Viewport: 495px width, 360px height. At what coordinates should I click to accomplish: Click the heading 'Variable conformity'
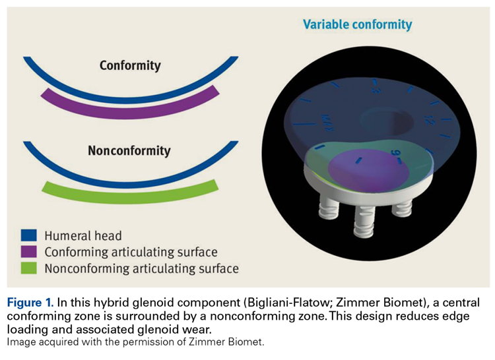(357, 25)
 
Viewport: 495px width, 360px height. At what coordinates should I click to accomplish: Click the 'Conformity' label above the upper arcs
(130, 66)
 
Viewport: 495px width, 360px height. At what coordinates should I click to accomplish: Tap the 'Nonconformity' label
(129, 151)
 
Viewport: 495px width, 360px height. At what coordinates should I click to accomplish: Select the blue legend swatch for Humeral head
(30, 235)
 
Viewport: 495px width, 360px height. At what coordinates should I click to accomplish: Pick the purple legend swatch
(30, 252)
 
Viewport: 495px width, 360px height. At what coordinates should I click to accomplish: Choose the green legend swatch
(30, 268)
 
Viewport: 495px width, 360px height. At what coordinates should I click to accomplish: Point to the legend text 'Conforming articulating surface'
(131, 252)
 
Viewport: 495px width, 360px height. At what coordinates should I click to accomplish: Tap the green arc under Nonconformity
(130, 191)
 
